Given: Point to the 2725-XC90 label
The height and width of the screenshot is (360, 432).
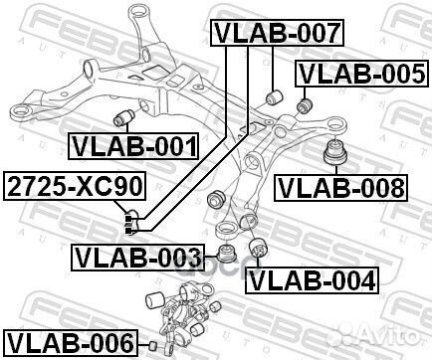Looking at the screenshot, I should pyautogui.click(x=76, y=185).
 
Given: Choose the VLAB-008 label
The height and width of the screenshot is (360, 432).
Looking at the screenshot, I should pyautogui.click(x=341, y=186).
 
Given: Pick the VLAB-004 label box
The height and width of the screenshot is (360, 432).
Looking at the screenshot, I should pyautogui.click(x=313, y=280).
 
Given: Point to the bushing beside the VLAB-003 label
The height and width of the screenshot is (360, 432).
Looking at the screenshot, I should pyautogui.click(x=225, y=256).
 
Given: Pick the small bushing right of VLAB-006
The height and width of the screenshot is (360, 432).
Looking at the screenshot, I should pyautogui.click(x=153, y=344).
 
